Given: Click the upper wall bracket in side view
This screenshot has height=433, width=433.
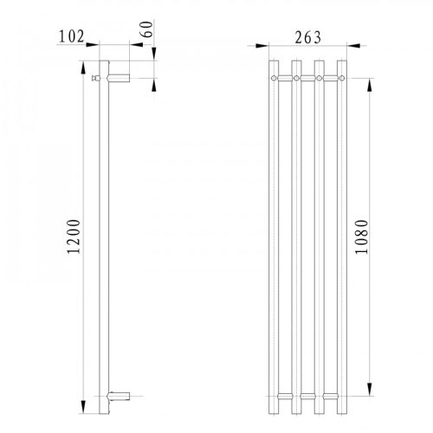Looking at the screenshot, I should click(x=120, y=79).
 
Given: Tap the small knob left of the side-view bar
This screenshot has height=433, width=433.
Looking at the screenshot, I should click(x=95, y=79).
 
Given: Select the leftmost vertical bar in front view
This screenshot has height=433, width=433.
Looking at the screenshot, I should click(x=275, y=234).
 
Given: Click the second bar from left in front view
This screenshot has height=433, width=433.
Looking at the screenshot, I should click(x=297, y=234).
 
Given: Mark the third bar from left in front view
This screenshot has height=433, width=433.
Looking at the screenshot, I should click(x=320, y=234).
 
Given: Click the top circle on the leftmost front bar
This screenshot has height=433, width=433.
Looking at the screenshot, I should click(x=275, y=79).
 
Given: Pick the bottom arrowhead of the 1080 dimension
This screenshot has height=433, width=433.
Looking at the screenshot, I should click(x=372, y=391).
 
